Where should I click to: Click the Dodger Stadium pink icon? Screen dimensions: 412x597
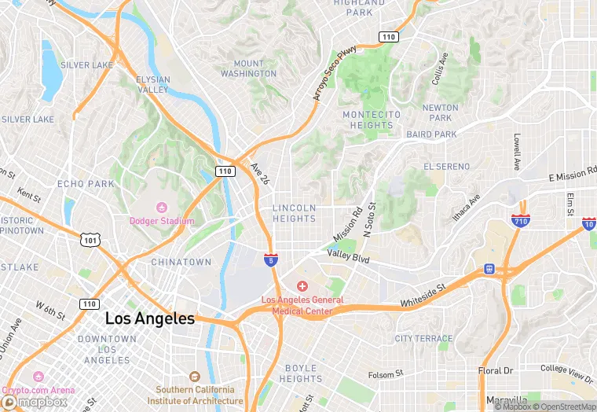click(x=162, y=207)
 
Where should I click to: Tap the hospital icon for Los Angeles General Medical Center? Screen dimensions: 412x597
click(x=302, y=286)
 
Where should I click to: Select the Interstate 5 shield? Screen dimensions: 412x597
click(x=270, y=259)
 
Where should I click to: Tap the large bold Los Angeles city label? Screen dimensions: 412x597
click(x=149, y=318)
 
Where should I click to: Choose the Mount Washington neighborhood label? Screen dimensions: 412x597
click(x=248, y=68)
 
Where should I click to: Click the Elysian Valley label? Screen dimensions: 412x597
click(x=152, y=85)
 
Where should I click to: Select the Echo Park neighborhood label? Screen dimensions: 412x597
click(x=86, y=184)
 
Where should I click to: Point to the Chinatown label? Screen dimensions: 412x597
click(x=181, y=262)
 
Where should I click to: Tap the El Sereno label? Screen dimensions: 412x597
click(x=446, y=167)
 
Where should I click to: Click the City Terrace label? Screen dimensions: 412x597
click(x=424, y=338)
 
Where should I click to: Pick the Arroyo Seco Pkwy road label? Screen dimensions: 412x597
click(x=335, y=72)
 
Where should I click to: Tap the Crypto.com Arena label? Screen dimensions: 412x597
click(x=38, y=390)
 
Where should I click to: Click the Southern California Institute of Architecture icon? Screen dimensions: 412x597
click(x=195, y=377)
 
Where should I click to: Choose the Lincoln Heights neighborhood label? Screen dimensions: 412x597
click(x=294, y=213)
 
